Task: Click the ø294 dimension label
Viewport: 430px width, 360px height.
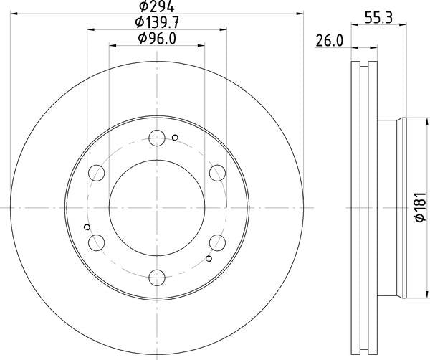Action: (x=156, y=6)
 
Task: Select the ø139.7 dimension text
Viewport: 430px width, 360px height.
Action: (x=157, y=22)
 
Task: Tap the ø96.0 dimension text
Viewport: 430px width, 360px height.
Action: (x=157, y=38)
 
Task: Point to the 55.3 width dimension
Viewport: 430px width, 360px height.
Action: (x=378, y=17)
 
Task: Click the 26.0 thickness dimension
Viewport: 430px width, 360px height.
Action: (x=330, y=41)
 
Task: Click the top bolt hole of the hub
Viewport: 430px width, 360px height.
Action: (x=157, y=138)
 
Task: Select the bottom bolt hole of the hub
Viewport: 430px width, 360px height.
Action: (x=157, y=278)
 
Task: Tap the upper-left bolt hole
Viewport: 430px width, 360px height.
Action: (x=97, y=173)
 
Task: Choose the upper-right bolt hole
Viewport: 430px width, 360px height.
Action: (x=217, y=173)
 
